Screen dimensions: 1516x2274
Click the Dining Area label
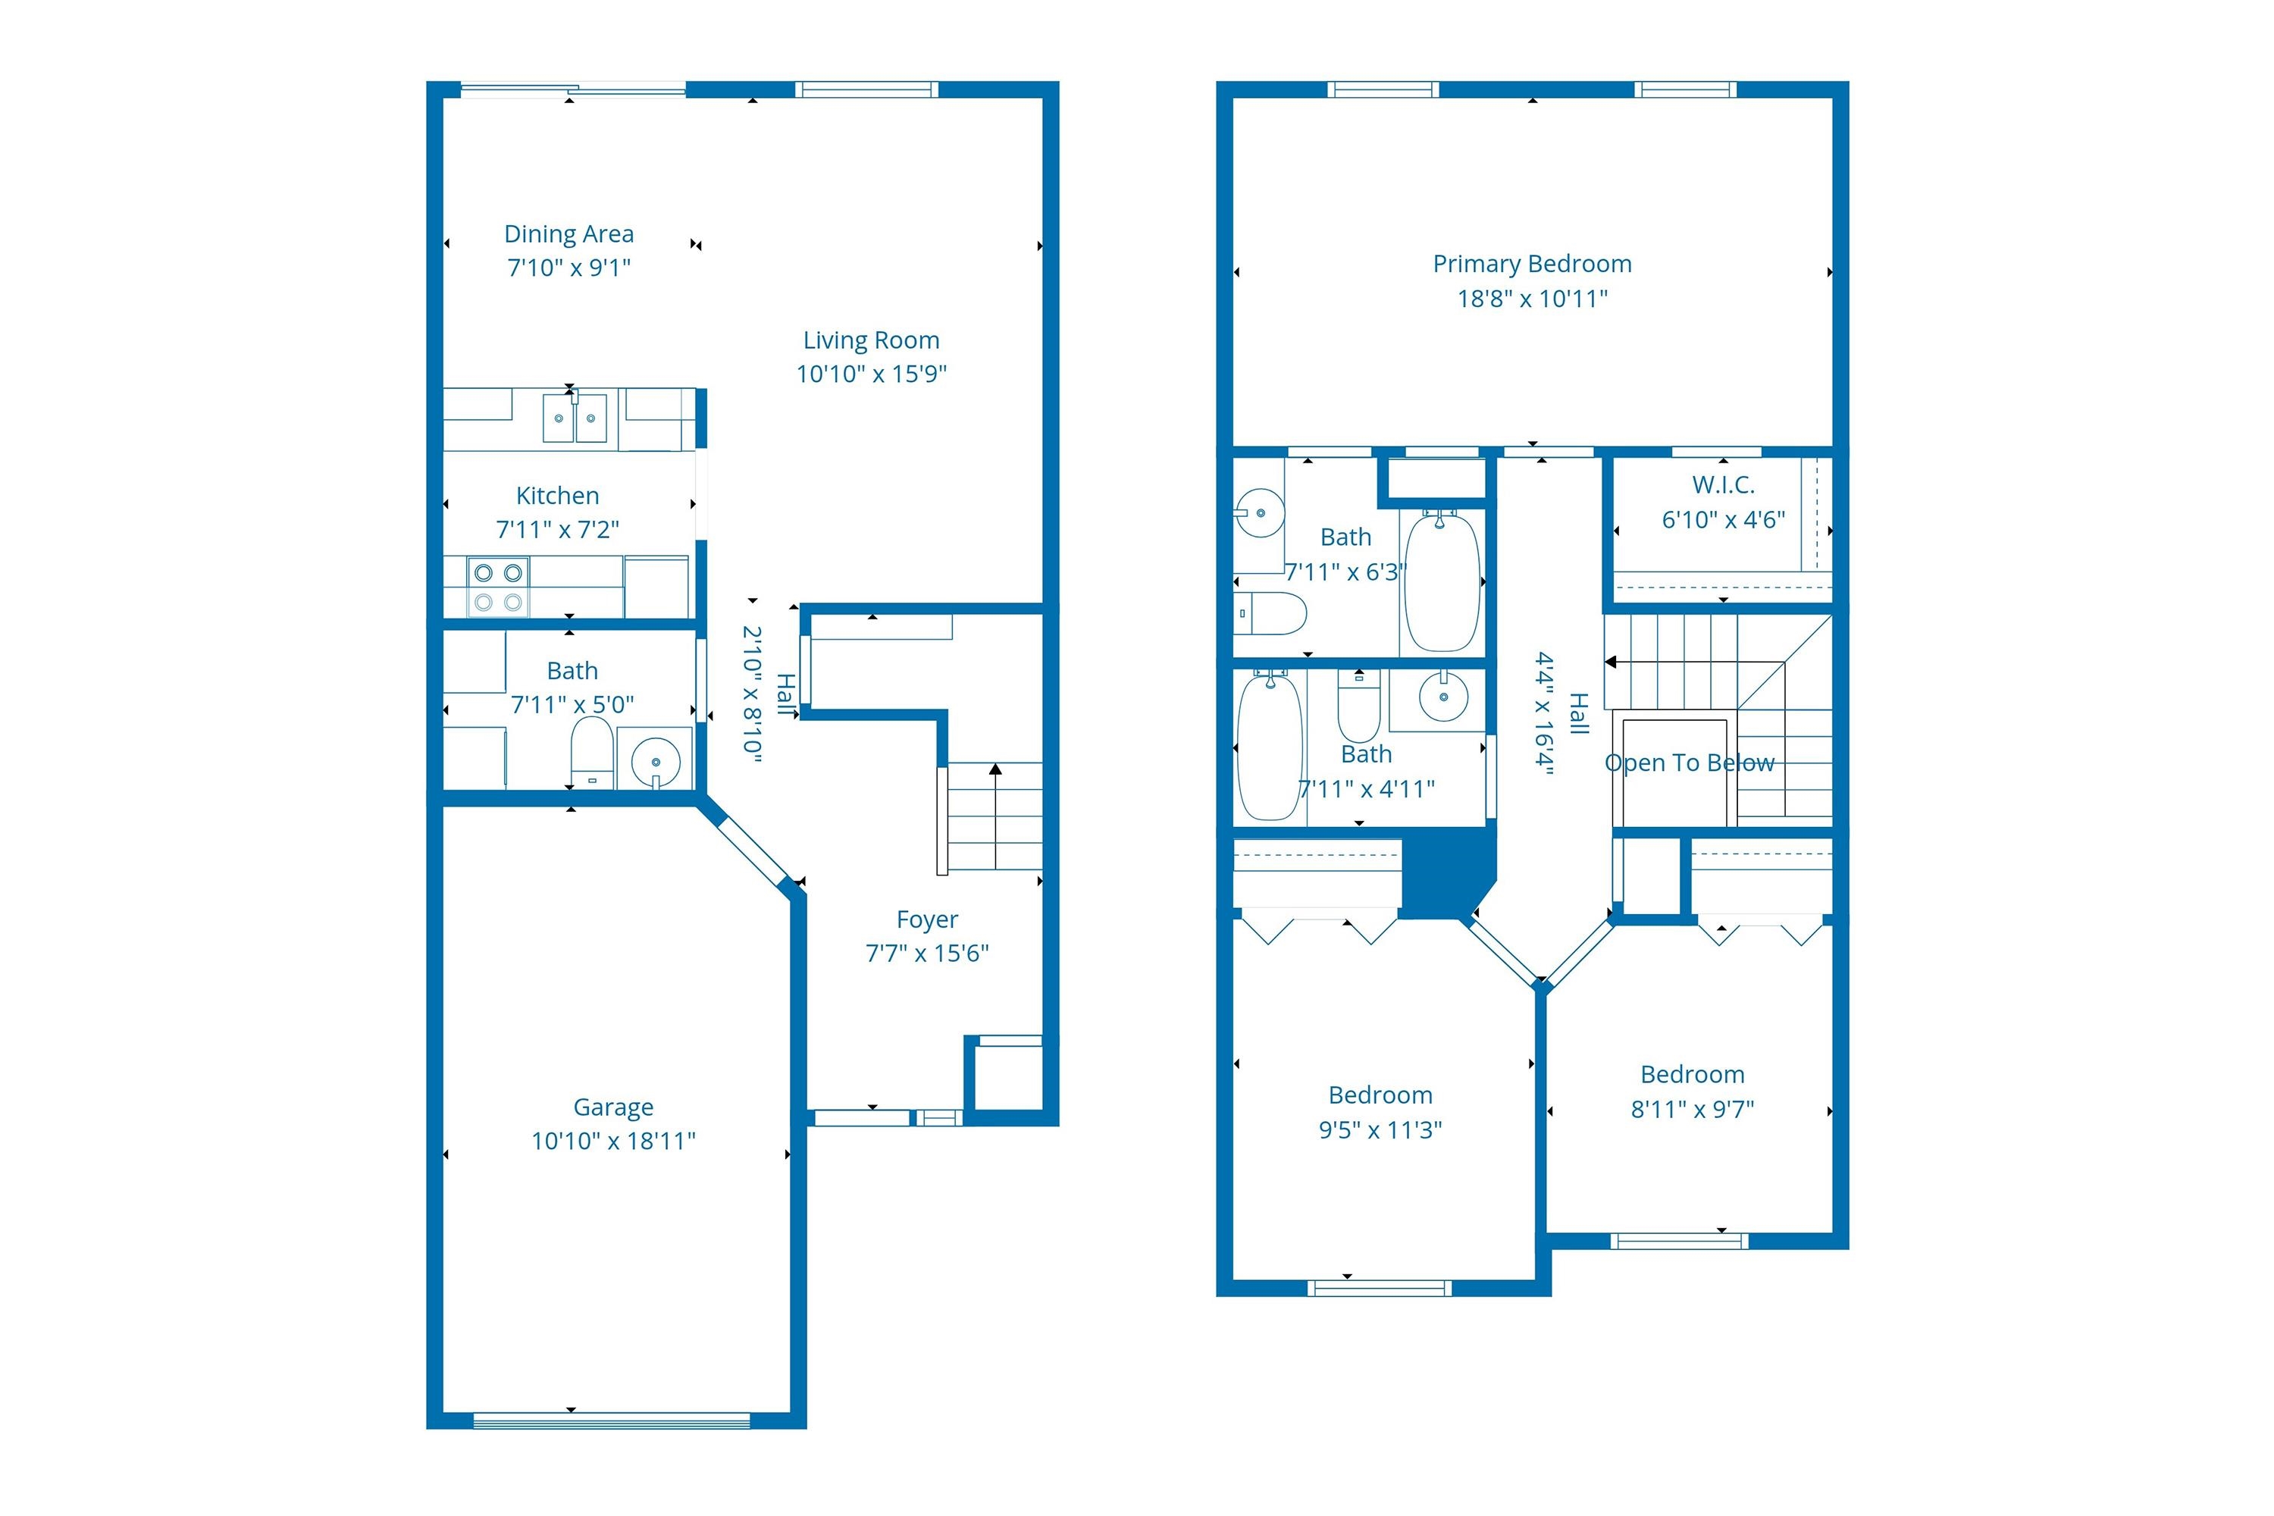point(568,234)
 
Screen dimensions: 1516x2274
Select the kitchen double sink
point(575,418)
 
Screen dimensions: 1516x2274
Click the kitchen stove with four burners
point(498,586)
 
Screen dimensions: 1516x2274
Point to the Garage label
point(613,1107)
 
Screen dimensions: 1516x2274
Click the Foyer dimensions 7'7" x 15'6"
point(926,954)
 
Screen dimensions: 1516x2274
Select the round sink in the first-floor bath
point(656,761)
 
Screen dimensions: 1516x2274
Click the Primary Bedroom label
point(1531,264)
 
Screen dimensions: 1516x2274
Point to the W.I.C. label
point(1722,485)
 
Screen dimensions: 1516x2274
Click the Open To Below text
point(1688,763)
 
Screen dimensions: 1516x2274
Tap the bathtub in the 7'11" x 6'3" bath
point(1441,582)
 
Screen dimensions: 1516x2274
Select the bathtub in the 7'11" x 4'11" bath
point(1270,747)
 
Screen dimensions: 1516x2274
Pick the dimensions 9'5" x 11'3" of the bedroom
point(1380,1130)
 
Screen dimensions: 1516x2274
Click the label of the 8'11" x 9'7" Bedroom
point(1692,1074)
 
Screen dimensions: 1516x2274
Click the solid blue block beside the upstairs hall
point(1442,873)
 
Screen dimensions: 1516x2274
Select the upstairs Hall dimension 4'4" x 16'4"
point(1544,713)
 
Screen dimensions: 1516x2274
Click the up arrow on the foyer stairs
point(994,771)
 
